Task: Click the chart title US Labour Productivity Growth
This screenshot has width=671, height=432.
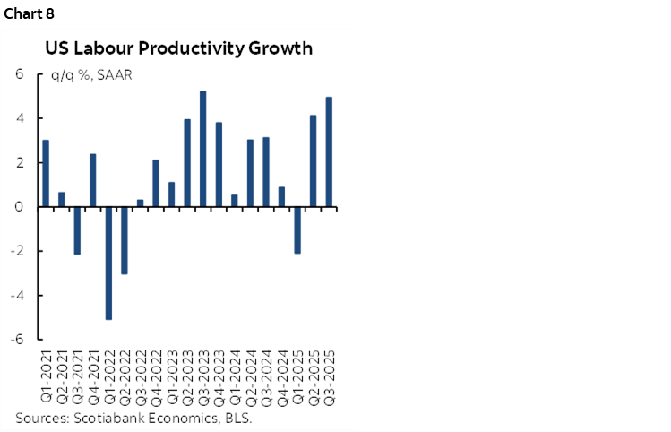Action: tap(179, 48)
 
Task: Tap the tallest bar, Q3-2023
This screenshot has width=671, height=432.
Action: tap(203, 149)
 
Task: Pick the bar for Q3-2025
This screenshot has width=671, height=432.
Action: tap(329, 151)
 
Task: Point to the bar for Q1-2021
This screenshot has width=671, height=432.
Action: tap(46, 173)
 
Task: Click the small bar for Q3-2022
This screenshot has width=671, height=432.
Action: tap(140, 203)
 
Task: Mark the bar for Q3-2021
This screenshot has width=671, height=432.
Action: tap(77, 230)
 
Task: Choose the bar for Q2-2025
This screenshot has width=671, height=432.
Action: tap(314, 160)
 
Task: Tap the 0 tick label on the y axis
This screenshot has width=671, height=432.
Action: tap(19, 207)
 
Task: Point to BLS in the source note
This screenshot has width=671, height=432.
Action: tap(236, 418)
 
